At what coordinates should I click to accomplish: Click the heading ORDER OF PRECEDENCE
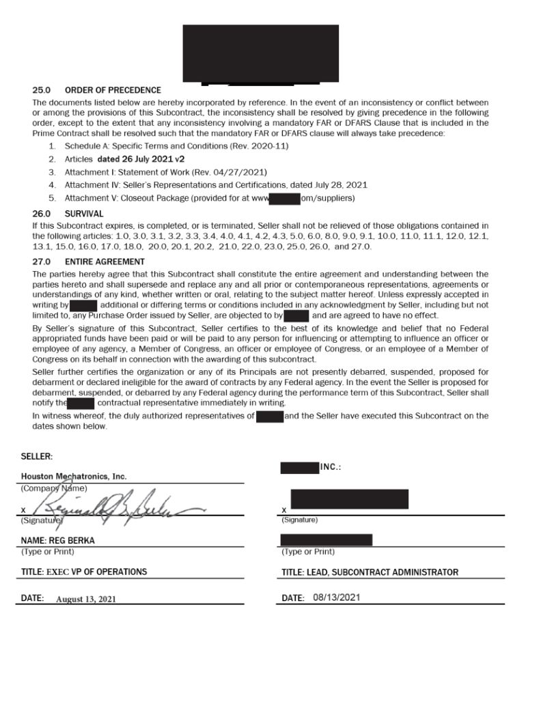click(x=113, y=90)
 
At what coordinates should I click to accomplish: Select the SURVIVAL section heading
click(x=84, y=214)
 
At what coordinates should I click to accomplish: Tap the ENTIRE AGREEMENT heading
click(x=105, y=262)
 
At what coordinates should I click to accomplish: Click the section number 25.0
click(x=42, y=90)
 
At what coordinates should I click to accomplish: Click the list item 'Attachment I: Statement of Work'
click(x=165, y=172)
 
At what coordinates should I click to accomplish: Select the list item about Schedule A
click(x=176, y=146)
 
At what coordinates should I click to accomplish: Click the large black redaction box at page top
click(x=260, y=53)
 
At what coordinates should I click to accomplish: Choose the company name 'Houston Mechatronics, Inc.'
click(x=74, y=477)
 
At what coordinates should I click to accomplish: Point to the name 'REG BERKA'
click(x=58, y=540)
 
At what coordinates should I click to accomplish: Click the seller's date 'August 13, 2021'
click(x=86, y=599)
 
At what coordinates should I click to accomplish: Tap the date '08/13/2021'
click(x=336, y=597)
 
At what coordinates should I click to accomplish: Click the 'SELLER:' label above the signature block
click(x=37, y=456)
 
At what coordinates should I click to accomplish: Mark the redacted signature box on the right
click(x=349, y=499)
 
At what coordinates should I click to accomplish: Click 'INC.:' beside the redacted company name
click(x=331, y=468)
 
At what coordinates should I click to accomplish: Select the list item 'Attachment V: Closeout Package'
click(x=209, y=198)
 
